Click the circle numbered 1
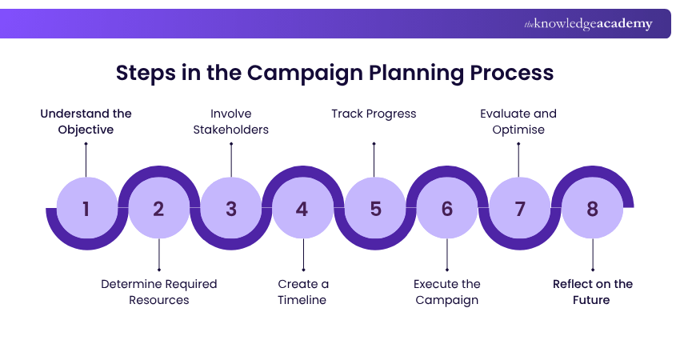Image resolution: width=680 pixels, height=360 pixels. pyautogui.click(x=86, y=208)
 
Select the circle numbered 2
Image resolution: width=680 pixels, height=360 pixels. pyautogui.click(x=158, y=208)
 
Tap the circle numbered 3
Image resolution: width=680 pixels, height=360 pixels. pyautogui.click(x=231, y=208)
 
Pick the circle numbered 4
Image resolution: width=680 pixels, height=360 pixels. pyautogui.click(x=302, y=208)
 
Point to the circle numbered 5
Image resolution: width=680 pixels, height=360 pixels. pyautogui.click(x=375, y=208)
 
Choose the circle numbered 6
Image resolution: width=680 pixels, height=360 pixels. pyautogui.click(x=446, y=208)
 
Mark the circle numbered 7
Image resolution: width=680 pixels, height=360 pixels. pyautogui.click(x=519, y=208)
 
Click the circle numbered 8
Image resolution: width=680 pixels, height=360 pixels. pyautogui.click(x=592, y=208)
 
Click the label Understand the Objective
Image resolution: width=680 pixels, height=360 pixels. pyautogui.click(x=86, y=122)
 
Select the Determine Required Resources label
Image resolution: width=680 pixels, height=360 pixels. pyautogui.click(x=158, y=292)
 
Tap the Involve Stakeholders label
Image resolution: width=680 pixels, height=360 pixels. pyautogui.click(x=231, y=122)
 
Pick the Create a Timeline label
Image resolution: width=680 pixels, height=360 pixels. pyautogui.click(x=303, y=292)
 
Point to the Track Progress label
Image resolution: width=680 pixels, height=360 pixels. pyautogui.click(x=374, y=114)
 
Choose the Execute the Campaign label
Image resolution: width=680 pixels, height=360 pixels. pyautogui.click(x=446, y=292)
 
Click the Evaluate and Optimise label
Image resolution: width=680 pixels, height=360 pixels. pyautogui.click(x=518, y=122)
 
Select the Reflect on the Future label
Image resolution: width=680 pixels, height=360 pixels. pyautogui.click(x=593, y=292)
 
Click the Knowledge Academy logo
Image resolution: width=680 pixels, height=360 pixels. pyautogui.click(x=588, y=24)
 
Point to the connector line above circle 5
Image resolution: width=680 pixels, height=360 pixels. pyautogui.click(x=374, y=160)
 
